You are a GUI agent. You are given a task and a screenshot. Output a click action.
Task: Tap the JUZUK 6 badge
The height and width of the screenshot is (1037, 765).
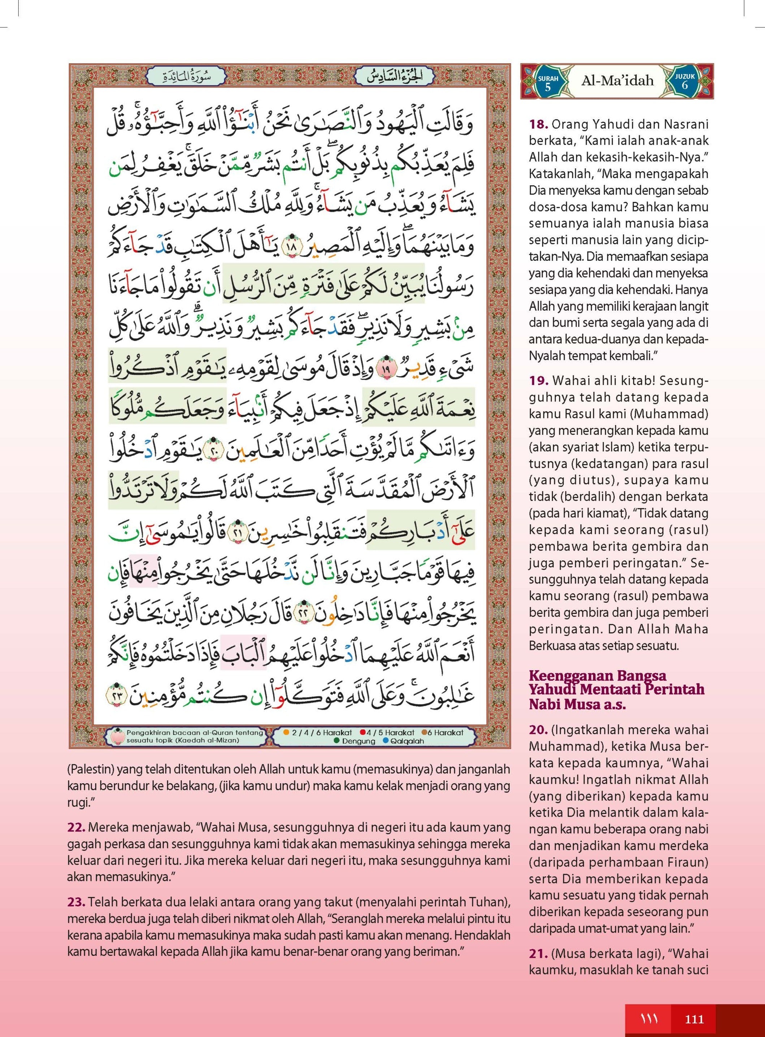click(684, 82)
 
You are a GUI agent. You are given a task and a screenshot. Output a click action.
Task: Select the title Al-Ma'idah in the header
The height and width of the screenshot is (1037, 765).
click(617, 81)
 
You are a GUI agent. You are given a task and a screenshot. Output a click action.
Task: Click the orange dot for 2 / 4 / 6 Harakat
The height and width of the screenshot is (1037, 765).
click(286, 733)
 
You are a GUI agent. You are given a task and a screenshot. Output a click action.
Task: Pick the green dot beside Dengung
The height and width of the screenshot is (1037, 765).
click(337, 741)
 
